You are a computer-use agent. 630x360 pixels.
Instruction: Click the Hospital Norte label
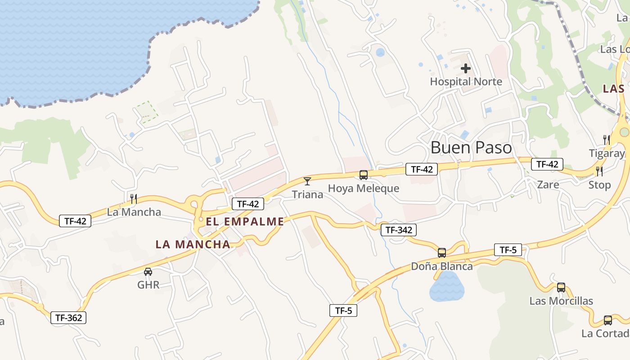(x=466, y=81)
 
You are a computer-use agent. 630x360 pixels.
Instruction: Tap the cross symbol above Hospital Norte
(x=466, y=69)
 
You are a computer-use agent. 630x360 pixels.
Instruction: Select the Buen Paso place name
(x=471, y=148)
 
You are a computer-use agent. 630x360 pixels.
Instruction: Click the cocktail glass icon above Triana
(x=307, y=181)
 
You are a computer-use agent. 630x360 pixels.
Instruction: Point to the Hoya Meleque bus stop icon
(x=363, y=175)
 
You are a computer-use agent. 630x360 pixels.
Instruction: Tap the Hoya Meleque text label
(x=363, y=188)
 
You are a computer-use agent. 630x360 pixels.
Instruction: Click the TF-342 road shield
(x=399, y=230)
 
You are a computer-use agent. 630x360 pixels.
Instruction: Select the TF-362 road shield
(x=68, y=318)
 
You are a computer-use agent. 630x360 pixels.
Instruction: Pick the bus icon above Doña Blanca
(x=442, y=252)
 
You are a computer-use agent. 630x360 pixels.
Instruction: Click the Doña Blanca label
(x=442, y=266)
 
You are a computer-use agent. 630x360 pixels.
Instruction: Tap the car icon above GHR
(x=148, y=272)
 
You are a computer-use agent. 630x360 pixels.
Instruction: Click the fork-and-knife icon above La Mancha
(x=133, y=198)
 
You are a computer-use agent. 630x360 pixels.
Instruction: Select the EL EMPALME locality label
(x=245, y=221)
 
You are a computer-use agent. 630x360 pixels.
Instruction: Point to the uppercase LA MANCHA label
(x=193, y=244)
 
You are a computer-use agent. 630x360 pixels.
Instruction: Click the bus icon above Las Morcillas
(x=561, y=288)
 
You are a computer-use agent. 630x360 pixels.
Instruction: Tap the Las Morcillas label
(x=561, y=301)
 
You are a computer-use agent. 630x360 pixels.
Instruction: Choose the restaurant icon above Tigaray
(x=607, y=139)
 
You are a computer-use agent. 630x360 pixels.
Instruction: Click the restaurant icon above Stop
(x=599, y=171)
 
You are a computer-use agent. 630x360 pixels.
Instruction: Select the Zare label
(x=548, y=184)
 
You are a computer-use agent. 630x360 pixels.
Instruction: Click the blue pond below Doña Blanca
(x=446, y=288)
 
